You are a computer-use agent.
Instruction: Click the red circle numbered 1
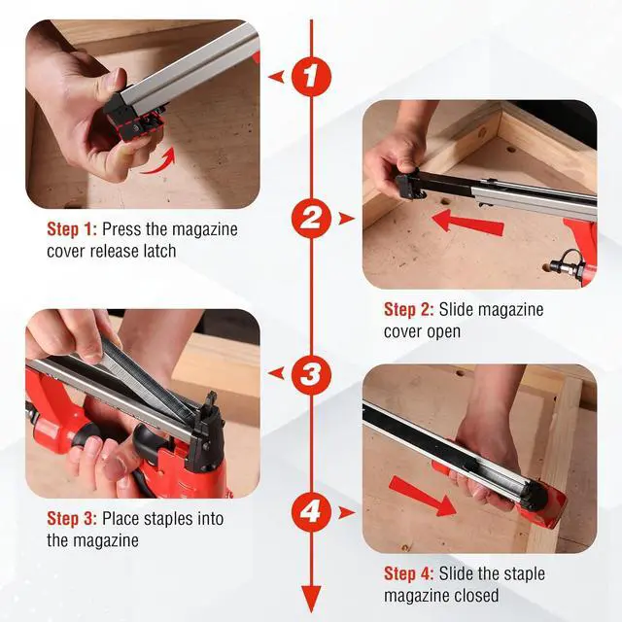pyautogui.click(x=310, y=77)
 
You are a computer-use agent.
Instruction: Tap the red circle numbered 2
pyautogui.click(x=310, y=218)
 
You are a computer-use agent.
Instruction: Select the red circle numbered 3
pyautogui.click(x=310, y=372)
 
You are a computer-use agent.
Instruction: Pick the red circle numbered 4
pyautogui.click(x=310, y=511)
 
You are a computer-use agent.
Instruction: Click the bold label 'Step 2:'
pyautogui.click(x=409, y=310)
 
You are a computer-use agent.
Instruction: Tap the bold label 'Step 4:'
pyautogui.click(x=409, y=573)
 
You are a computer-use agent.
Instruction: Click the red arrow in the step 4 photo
pyautogui.click(x=423, y=496)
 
